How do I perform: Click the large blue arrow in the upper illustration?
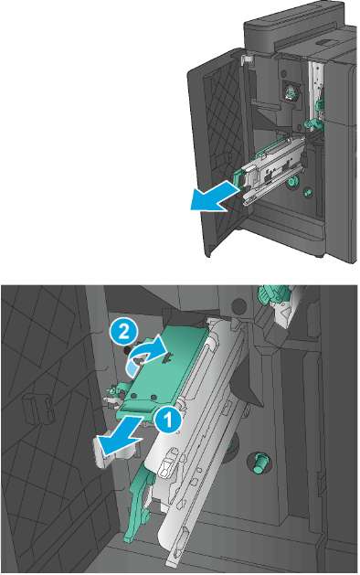pos(217,197)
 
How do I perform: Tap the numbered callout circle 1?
pos(168,420)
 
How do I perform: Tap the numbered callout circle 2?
pos(123,332)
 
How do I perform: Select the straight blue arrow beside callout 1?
pos(117,435)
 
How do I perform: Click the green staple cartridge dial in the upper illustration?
pos(290,91)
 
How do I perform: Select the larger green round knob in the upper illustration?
pos(292,181)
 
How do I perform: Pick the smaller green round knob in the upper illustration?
pos(307,191)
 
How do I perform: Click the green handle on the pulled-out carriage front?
pos(238,176)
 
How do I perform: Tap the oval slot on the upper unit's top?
pos(323,42)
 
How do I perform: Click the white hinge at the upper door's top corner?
pos(247,59)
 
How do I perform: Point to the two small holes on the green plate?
pos(143,397)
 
